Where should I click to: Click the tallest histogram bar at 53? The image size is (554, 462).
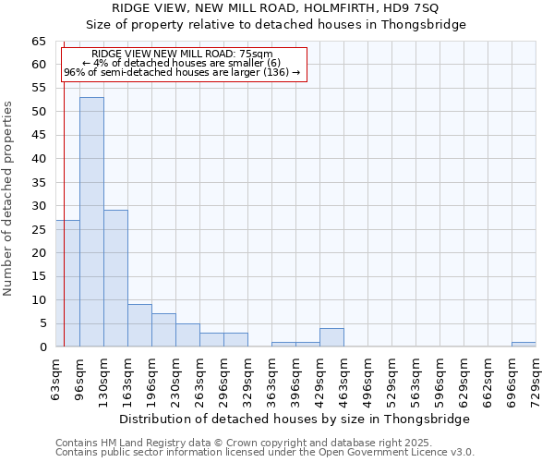(91, 222)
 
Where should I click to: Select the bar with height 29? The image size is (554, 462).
(115, 278)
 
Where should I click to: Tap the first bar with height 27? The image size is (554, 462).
(67, 283)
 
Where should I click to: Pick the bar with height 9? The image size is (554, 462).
(139, 325)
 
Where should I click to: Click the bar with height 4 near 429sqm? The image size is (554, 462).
(331, 337)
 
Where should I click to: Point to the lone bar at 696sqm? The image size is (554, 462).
(524, 345)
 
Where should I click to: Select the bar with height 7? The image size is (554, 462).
(163, 330)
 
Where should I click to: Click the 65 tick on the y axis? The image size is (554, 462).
(38, 42)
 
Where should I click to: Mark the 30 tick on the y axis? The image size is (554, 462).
(38, 206)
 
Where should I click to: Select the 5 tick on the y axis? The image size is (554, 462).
(42, 323)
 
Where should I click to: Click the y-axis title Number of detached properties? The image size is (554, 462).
(9, 199)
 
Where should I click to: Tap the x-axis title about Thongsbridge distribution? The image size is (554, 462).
(295, 419)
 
